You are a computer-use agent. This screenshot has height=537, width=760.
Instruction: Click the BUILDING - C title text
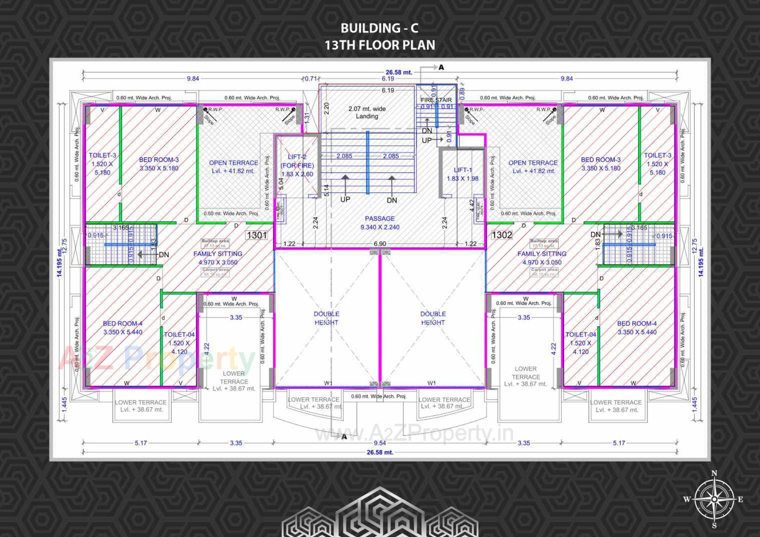point(379,28)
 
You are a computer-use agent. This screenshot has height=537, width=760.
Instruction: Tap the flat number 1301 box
point(257,235)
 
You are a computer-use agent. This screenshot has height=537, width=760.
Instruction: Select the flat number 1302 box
point(502,235)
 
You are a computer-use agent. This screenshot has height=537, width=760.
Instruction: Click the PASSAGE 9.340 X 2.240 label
point(380,223)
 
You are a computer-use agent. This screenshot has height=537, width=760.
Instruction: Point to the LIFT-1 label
point(462,174)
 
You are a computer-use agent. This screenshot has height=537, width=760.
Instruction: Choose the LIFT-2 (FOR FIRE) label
point(297,165)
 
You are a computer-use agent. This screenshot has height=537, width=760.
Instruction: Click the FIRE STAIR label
point(436,100)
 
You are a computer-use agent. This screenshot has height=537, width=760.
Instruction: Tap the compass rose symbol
point(714,499)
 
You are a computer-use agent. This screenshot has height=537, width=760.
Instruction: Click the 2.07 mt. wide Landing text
point(367,112)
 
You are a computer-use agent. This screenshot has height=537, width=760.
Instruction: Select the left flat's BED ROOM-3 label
point(159,164)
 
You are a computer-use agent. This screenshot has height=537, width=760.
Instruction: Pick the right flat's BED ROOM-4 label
point(636,328)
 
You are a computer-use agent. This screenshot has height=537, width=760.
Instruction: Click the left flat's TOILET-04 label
point(179,343)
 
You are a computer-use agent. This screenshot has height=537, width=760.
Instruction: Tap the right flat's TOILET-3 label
point(657,164)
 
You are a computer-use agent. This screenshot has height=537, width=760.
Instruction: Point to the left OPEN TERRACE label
point(233,167)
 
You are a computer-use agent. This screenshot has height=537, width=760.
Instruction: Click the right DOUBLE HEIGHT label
point(433,318)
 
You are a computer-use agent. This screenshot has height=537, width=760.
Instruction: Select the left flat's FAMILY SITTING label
point(218,258)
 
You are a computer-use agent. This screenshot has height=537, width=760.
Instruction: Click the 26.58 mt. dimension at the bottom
point(380,452)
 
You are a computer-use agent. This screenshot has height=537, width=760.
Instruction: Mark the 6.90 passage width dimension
point(380,244)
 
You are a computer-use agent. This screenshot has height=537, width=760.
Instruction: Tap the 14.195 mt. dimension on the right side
point(701,262)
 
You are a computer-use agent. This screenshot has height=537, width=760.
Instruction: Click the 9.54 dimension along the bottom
point(380,443)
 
